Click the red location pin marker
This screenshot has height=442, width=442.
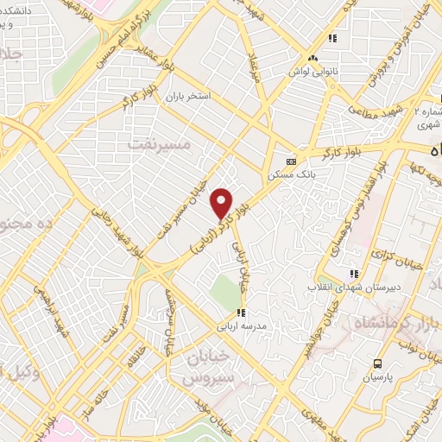pyautogui.click(x=223, y=203)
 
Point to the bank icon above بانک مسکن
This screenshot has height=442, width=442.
pyautogui.click(x=291, y=161)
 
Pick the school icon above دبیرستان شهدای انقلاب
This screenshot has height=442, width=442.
pyautogui.click(x=352, y=274)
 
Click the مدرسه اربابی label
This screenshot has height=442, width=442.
pyautogui.click(x=243, y=327)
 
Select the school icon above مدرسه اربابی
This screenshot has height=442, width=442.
pyautogui.click(x=243, y=313)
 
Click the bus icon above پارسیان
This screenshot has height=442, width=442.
pyautogui.click(x=378, y=363)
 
